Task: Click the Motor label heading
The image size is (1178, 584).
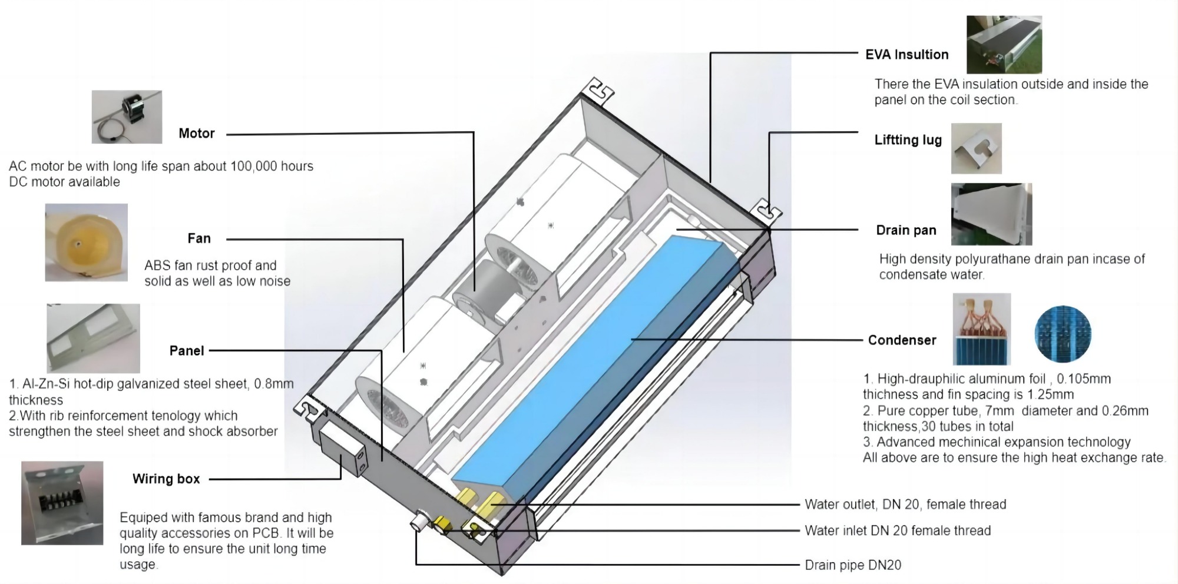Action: (196, 134)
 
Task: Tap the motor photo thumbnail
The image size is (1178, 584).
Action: (127, 117)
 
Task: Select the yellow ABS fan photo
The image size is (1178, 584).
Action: (86, 242)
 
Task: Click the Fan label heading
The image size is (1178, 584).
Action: (198, 238)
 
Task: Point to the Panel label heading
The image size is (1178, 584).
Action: (186, 351)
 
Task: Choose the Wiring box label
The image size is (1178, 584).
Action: (166, 479)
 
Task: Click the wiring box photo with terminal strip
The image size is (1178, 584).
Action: (62, 503)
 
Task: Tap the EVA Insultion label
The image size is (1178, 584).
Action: (906, 55)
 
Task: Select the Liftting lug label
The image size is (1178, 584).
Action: (908, 140)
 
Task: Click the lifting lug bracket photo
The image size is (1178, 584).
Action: (976, 148)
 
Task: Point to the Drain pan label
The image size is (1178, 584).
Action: (906, 230)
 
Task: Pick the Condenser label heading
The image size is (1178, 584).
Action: (902, 340)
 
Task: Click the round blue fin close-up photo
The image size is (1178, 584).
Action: (1063, 334)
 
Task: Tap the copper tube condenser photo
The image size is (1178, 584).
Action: (981, 329)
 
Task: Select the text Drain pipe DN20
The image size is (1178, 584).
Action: (853, 565)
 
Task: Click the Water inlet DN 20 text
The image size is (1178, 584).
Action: (898, 530)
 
